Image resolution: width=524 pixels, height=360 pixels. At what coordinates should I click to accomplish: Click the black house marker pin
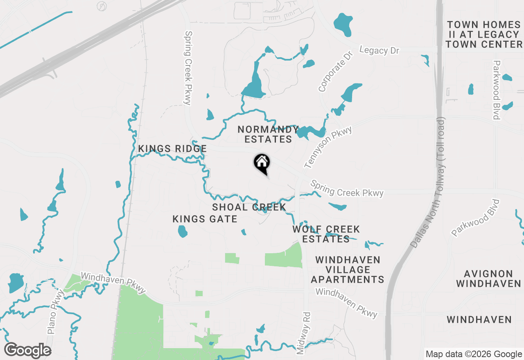262,163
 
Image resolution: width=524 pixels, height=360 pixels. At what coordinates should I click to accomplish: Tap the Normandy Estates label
268,135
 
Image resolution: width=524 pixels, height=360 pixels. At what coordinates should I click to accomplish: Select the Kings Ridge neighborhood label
172,149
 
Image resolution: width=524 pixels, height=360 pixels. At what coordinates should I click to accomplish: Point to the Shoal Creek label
249,207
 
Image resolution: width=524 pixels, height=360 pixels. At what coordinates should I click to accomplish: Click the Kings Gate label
205,219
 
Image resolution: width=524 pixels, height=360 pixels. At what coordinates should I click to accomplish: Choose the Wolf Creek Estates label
326,234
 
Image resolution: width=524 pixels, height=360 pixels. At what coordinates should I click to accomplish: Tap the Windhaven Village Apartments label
348,270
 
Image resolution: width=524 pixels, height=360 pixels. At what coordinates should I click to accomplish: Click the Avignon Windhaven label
488,279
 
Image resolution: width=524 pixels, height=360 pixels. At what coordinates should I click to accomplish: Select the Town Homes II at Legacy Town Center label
484,35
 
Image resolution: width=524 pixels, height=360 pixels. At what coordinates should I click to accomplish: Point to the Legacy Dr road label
379,50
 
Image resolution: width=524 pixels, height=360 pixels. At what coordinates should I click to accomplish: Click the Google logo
27,350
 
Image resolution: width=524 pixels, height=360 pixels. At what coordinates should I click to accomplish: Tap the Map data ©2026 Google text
473,354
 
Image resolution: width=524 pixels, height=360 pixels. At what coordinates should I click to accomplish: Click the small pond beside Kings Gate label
183,232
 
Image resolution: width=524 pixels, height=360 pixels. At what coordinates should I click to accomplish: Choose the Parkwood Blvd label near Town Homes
497,90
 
